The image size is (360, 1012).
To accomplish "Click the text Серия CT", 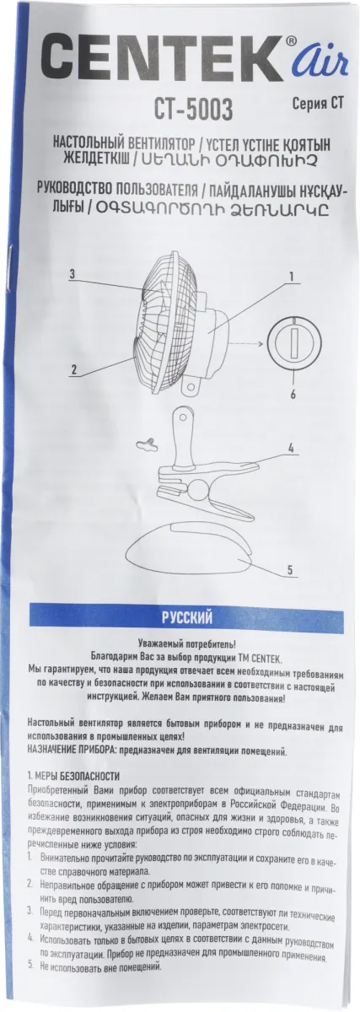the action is [318, 104].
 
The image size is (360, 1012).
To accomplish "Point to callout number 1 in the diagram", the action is [292, 276].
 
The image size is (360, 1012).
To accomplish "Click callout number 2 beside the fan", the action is [73, 369].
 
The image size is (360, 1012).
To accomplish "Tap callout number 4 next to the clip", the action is [292, 449].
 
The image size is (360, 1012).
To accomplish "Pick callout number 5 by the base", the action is [291, 570].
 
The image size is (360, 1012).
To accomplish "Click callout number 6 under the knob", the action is [293, 394].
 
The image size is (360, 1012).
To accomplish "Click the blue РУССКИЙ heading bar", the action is [186, 617].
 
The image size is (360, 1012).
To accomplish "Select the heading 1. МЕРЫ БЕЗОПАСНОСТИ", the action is [73, 776].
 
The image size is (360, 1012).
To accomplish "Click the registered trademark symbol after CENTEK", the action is [291, 41].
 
